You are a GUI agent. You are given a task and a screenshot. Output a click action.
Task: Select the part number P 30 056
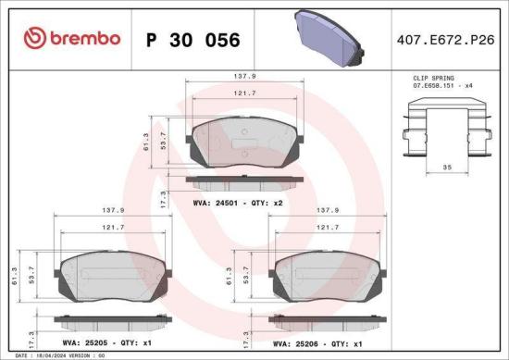pos(193,40)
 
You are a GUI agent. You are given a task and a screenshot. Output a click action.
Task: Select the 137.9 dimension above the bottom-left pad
pos(114,210)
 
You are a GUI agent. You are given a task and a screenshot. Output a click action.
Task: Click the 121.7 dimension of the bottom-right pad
pos(327,227)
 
